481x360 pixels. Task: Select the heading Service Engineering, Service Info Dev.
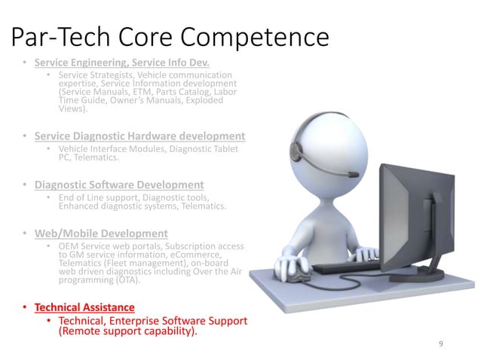point(121,62)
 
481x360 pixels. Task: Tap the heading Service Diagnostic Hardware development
point(139,136)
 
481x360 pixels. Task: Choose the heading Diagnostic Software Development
point(119,185)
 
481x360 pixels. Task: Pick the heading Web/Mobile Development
point(101,233)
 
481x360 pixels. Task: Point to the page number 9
point(441,343)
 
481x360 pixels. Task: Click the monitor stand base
point(430,267)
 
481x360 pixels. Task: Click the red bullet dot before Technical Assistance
point(26,308)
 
